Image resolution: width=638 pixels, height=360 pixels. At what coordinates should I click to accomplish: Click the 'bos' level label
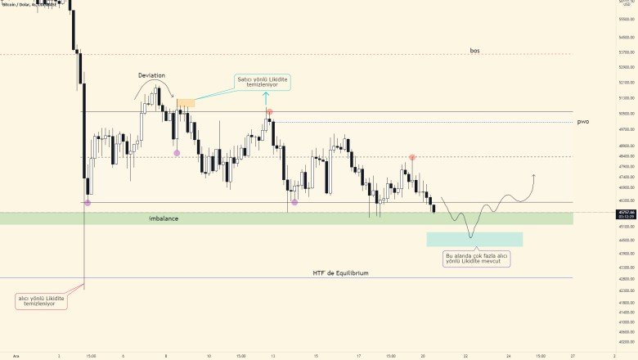[474, 51]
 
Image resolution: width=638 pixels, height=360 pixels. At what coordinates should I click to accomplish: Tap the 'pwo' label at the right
[582, 121]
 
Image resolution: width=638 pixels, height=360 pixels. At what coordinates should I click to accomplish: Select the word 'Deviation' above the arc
[157, 75]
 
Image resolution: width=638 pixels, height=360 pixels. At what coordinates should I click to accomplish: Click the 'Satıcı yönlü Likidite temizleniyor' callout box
[263, 83]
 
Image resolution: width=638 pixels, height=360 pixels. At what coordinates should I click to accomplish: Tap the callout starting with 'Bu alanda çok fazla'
[477, 259]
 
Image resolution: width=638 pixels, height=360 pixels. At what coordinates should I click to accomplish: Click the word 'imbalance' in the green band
[164, 218]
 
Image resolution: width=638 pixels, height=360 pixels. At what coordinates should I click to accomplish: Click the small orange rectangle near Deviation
[186, 103]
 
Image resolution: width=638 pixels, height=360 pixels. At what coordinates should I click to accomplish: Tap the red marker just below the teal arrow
[269, 112]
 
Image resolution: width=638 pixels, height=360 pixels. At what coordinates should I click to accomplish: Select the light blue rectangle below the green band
[474, 239]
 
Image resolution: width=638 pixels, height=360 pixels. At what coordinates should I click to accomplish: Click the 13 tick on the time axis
[273, 356]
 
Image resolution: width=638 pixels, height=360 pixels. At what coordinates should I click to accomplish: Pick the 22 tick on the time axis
[465, 356]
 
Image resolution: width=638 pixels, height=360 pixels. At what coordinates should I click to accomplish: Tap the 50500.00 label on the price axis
[626, 114]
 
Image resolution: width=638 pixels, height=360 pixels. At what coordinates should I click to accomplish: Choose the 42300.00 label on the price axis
[626, 290]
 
